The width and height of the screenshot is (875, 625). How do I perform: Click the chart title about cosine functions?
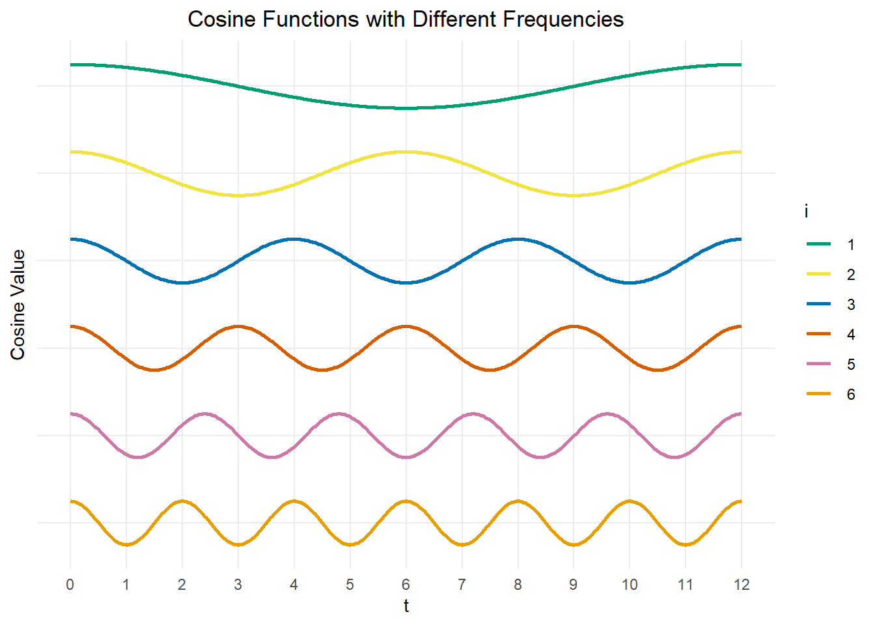click(406, 20)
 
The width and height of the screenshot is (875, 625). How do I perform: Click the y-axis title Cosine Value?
click(18, 304)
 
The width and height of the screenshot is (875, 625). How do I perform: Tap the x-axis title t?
click(406, 606)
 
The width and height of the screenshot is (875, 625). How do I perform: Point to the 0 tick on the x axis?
click(70, 585)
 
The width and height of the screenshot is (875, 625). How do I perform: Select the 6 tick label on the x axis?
click(406, 585)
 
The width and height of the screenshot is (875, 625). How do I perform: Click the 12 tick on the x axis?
click(742, 585)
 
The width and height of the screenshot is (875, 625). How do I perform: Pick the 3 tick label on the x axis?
click(238, 585)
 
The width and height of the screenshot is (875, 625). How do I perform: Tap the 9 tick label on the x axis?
click(574, 585)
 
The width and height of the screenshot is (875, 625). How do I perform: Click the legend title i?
click(807, 212)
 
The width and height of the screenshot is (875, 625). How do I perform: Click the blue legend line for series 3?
click(819, 305)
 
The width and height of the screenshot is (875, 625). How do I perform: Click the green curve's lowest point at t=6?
click(406, 108)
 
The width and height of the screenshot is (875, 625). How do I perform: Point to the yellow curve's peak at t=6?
click(406, 152)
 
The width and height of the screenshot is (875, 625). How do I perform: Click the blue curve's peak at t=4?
click(294, 239)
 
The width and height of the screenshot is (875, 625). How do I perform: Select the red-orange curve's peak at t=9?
click(574, 326)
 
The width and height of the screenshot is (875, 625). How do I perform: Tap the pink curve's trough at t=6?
click(406, 457)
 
